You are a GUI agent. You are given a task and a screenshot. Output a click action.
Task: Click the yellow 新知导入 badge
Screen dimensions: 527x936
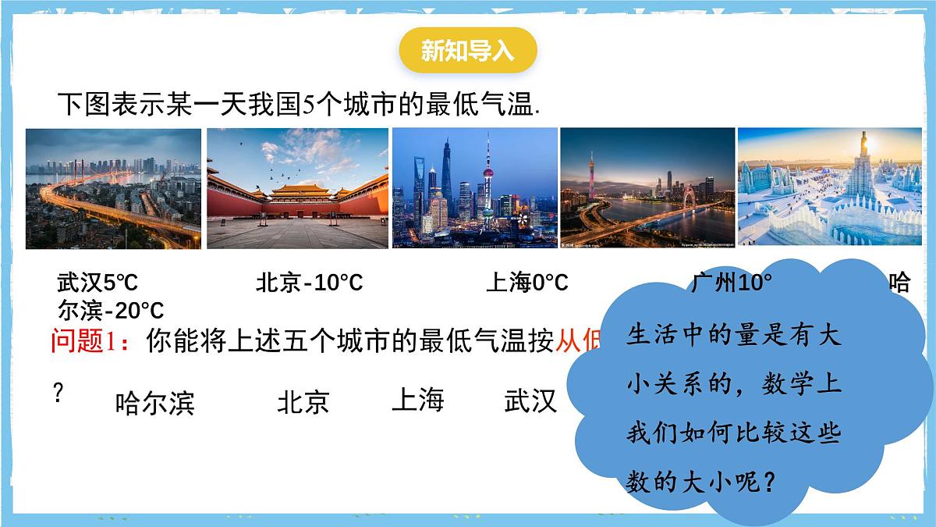click(x=467, y=51)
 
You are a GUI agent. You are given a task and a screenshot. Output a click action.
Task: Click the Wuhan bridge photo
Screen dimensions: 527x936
click(x=113, y=188)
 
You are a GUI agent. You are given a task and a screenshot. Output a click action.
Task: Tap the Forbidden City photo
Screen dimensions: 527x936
click(x=297, y=188)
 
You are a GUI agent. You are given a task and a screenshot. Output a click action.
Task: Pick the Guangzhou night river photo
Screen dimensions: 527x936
click(x=647, y=188)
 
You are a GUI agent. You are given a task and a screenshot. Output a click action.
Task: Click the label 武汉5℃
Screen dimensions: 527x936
click(x=97, y=283)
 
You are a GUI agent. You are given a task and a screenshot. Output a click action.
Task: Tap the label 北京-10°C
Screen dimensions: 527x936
click(x=309, y=283)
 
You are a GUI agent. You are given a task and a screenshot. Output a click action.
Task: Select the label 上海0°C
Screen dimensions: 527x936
click(x=526, y=283)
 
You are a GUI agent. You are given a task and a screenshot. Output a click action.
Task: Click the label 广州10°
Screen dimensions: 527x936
click(x=731, y=282)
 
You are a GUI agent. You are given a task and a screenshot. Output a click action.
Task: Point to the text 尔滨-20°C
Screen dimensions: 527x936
click(x=111, y=311)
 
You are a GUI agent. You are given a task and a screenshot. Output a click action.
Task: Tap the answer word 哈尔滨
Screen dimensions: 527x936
click(x=154, y=404)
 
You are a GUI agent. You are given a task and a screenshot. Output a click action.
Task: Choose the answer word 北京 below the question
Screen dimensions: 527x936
click(x=303, y=403)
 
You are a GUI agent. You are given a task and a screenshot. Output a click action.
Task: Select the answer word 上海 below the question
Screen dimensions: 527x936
click(x=417, y=400)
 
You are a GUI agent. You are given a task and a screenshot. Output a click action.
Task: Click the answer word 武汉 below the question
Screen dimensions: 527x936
click(x=530, y=401)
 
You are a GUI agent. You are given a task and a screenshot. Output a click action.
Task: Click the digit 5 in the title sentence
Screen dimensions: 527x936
click(x=307, y=105)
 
